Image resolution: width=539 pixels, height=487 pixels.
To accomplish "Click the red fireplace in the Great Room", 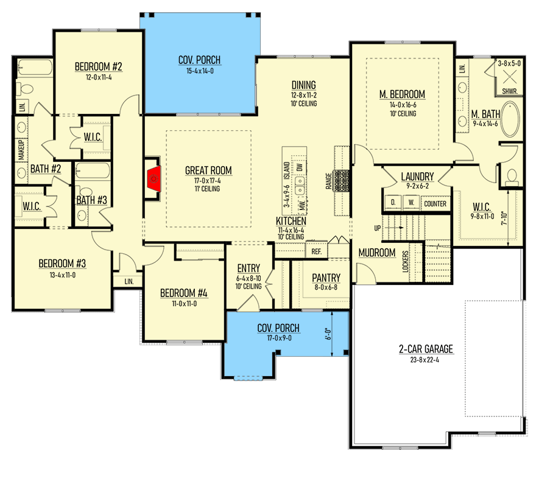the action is tap(153, 179).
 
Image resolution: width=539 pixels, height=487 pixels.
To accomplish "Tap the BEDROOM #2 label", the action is tap(98, 66).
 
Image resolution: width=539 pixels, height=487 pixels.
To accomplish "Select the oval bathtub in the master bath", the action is tap(510, 119).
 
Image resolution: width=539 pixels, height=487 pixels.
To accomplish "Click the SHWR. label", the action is tap(509, 91).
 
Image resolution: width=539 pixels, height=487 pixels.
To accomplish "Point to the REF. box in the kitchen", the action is tap(317, 251).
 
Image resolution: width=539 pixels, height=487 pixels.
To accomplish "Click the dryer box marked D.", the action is tap(393, 203).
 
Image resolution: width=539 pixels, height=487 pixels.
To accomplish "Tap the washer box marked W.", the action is tap(411, 203).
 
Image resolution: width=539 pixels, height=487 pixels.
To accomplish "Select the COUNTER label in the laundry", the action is tap(435, 204).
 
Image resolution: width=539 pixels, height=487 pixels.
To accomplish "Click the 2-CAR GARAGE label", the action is tap(426, 349).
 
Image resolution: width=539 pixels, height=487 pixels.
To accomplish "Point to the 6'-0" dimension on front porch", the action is tap(328, 334).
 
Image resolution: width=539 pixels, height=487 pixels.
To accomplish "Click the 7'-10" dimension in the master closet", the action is tap(504, 219).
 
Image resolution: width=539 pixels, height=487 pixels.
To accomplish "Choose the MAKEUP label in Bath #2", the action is tap(21, 150).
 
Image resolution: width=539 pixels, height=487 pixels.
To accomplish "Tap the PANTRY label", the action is tap(326, 278).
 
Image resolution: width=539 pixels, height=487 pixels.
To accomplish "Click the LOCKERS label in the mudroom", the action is tap(405, 262).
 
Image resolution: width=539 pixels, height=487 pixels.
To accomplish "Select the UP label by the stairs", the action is tap(378, 228).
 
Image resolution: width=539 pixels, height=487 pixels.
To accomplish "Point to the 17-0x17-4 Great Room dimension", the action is tap(208, 181).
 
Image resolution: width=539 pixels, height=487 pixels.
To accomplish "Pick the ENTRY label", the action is tap(248, 268).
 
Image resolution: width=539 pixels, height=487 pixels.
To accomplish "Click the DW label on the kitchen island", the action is tap(300, 167).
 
